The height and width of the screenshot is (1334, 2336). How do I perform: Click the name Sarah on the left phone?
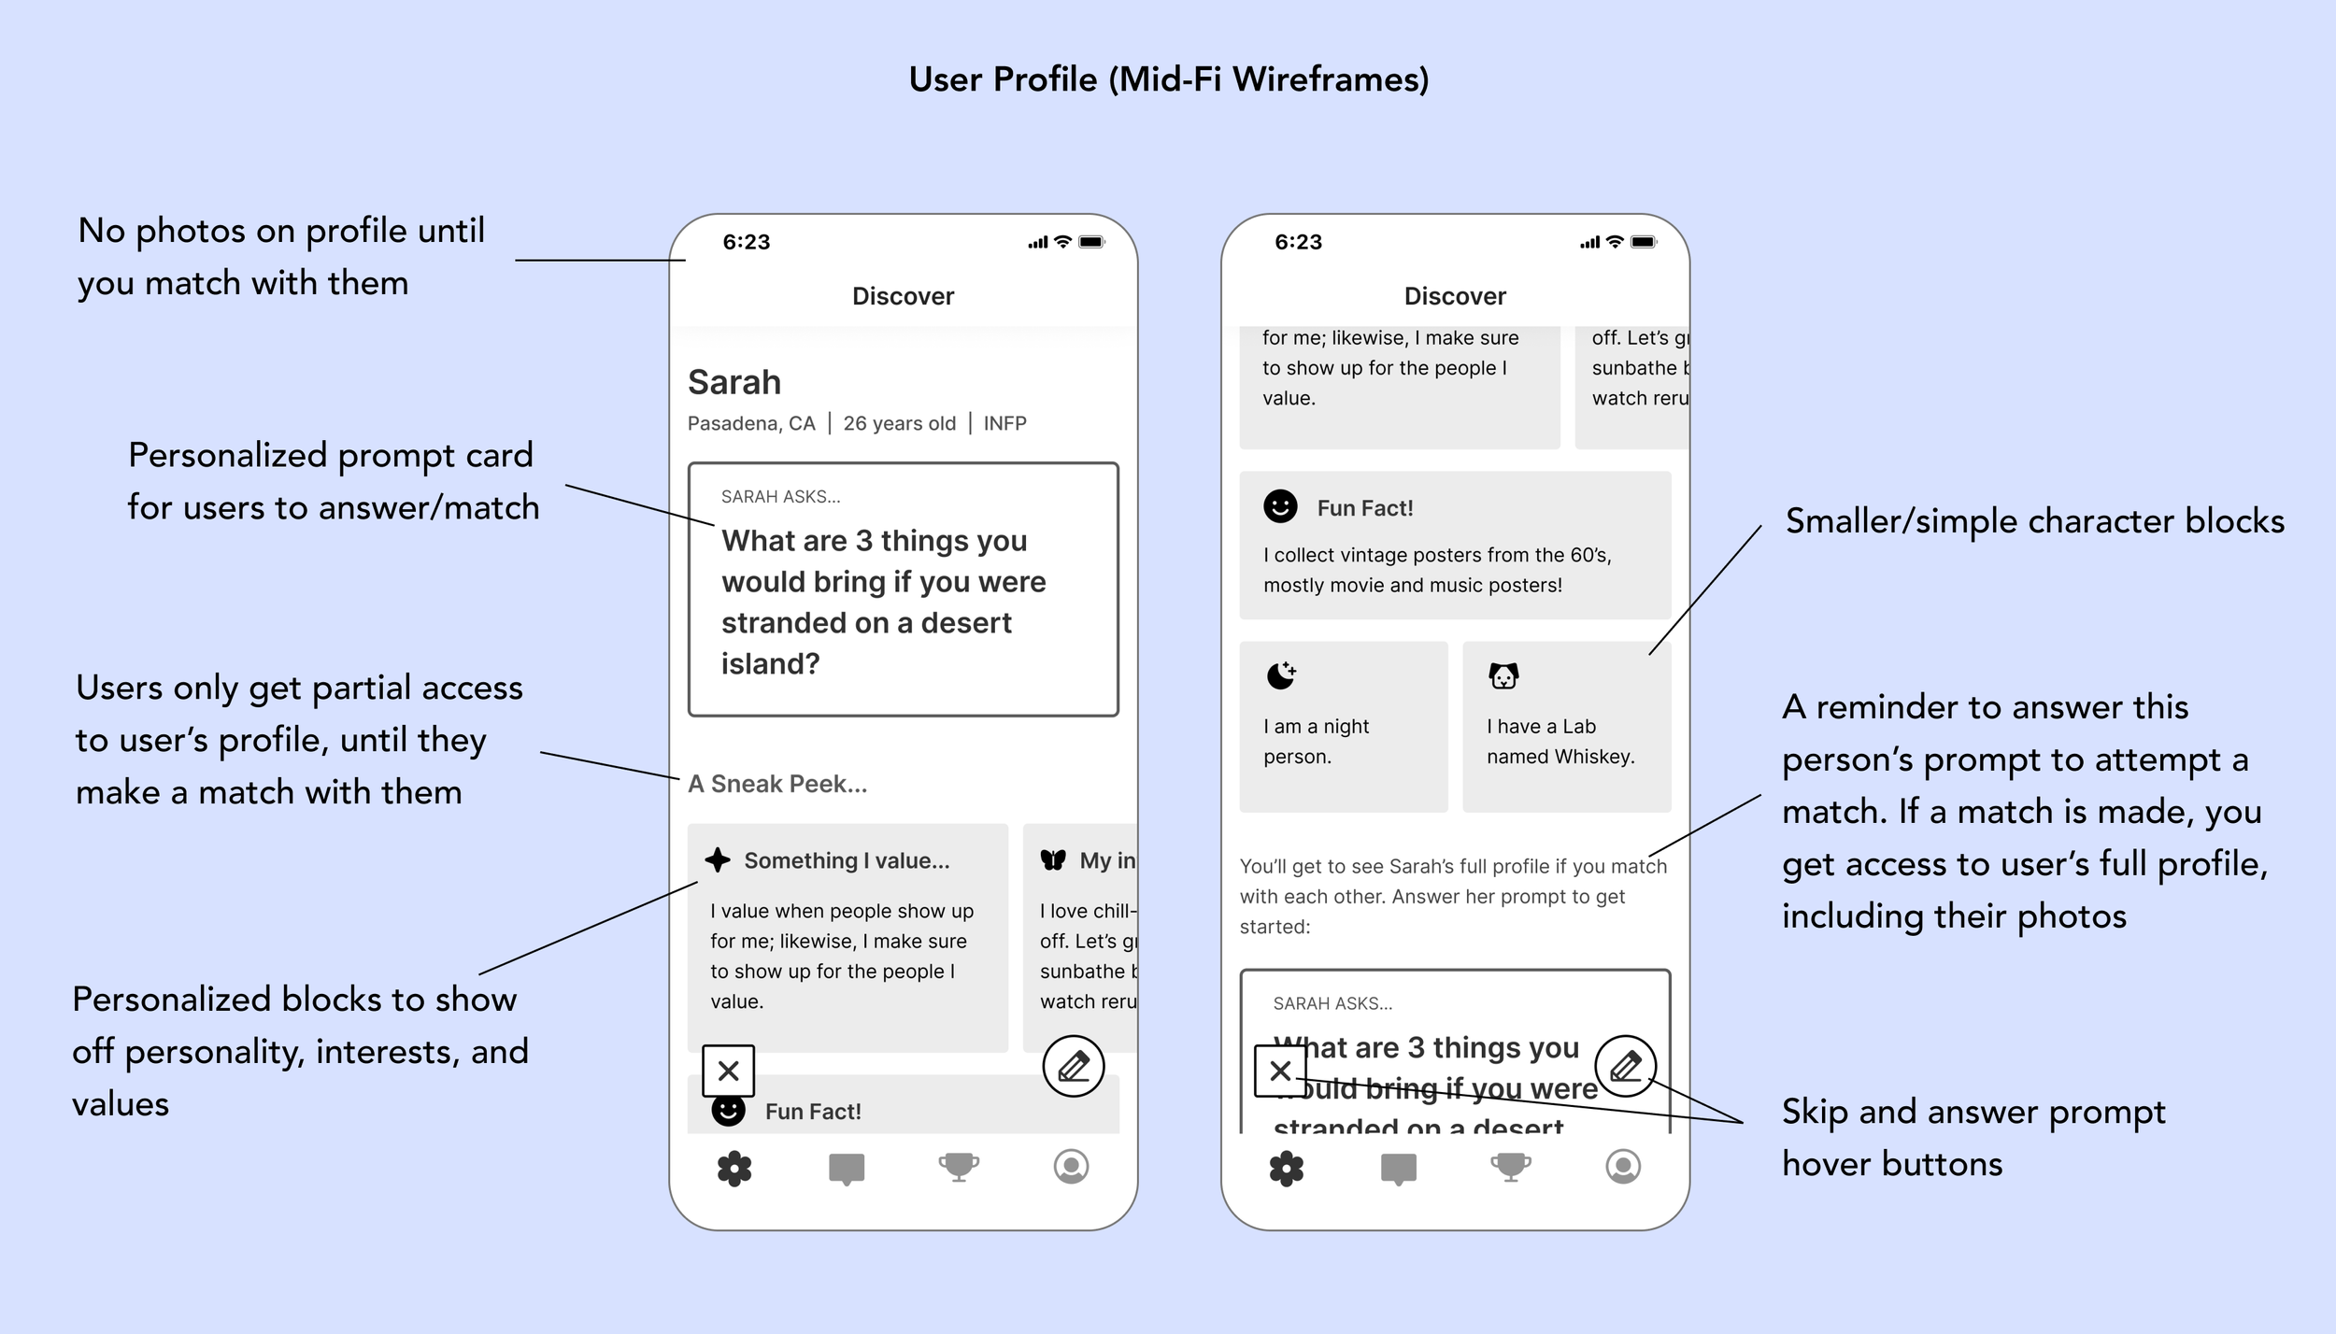tap(734, 383)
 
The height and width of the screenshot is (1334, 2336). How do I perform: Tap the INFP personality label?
tap(1004, 423)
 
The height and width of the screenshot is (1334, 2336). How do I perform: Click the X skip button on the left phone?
tap(729, 1071)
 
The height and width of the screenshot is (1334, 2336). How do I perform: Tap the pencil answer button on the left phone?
tap(1074, 1066)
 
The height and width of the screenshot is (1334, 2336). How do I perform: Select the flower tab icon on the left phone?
tap(734, 1168)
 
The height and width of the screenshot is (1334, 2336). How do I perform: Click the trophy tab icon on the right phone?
tap(1511, 1167)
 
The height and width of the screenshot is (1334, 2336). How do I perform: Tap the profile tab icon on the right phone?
tap(1623, 1167)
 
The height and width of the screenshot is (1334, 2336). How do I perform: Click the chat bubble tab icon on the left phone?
tap(847, 1168)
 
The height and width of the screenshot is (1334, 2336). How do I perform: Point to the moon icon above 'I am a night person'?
tap(1281, 674)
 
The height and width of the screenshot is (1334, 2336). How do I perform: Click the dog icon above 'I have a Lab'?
tap(1503, 675)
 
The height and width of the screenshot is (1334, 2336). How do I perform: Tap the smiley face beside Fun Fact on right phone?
tap(1280, 506)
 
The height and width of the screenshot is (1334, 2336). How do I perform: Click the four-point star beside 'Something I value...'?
tap(718, 860)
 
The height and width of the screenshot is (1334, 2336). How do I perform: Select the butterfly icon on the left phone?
tap(1053, 860)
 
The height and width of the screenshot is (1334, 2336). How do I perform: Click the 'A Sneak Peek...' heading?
tap(777, 784)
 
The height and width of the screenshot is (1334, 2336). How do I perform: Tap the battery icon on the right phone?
tap(1644, 242)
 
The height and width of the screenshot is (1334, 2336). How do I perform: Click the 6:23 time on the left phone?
tap(747, 242)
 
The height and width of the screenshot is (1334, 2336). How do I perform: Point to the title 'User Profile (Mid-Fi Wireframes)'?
tap(1169, 79)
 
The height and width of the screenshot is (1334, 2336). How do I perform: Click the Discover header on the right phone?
tap(1455, 296)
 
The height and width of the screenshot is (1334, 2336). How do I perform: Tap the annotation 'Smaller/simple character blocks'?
tap(2034, 521)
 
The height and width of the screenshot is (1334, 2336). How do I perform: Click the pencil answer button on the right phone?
tap(1626, 1066)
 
